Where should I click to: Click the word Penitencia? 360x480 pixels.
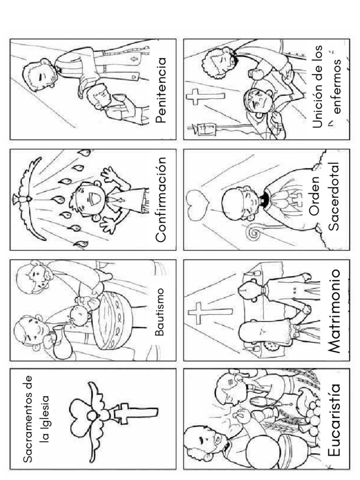[161, 90]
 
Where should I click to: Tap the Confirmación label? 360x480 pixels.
[161, 200]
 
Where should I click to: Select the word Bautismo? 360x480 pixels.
[159, 312]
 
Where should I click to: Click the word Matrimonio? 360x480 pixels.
[333, 311]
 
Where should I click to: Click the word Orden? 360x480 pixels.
[314, 195]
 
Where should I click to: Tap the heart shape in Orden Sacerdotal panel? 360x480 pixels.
[197, 205]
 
